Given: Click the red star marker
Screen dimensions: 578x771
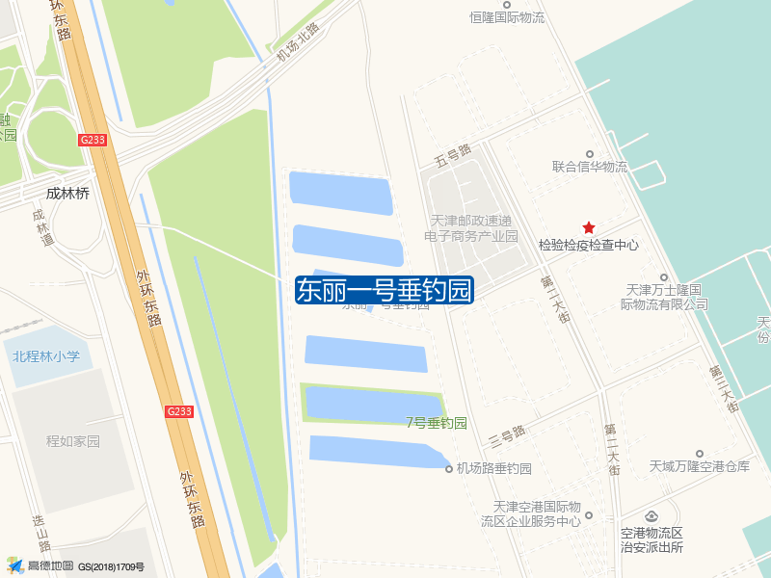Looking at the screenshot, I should click(x=589, y=227).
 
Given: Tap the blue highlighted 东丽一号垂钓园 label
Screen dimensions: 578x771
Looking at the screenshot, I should click(x=385, y=290).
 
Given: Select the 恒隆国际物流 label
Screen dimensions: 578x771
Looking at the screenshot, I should click(x=507, y=17).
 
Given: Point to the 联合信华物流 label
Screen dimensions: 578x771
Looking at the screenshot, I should click(x=589, y=167).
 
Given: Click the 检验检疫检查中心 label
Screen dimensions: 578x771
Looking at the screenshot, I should click(x=589, y=246).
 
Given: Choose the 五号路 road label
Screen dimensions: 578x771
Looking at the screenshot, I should click(x=452, y=152).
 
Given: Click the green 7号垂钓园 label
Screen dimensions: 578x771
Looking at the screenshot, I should click(x=436, y=423).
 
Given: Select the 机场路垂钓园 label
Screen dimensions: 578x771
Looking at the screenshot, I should click(x=494, y=469).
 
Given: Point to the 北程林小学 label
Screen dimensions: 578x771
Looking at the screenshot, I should click(x=46, y=356).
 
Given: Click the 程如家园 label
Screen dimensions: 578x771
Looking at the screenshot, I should click(x=73, y=441).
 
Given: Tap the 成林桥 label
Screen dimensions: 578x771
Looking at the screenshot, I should click(x=67, y=194).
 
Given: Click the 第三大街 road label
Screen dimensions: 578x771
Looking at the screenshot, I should click(x=722, y=388).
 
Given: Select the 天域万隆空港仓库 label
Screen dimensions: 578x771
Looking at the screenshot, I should click(x=699, y=466).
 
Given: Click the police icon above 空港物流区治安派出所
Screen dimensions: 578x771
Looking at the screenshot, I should click(x=651, y=518).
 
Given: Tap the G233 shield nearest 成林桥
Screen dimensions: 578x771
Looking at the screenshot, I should click(x=93, y=140).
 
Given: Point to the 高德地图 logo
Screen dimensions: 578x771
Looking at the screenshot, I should click(x=40, y=566).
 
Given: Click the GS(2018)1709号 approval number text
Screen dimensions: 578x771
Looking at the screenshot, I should click(x=112, y=567).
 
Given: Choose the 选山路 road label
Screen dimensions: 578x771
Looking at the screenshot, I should click(x=40, y=524).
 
